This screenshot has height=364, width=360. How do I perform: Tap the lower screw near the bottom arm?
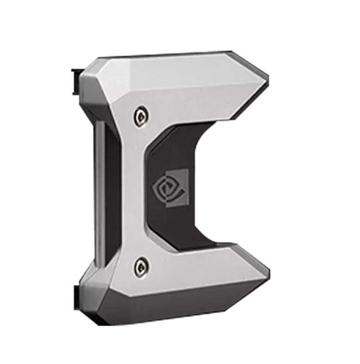click(141, 267)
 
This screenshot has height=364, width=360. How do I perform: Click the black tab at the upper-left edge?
click(75, 80)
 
